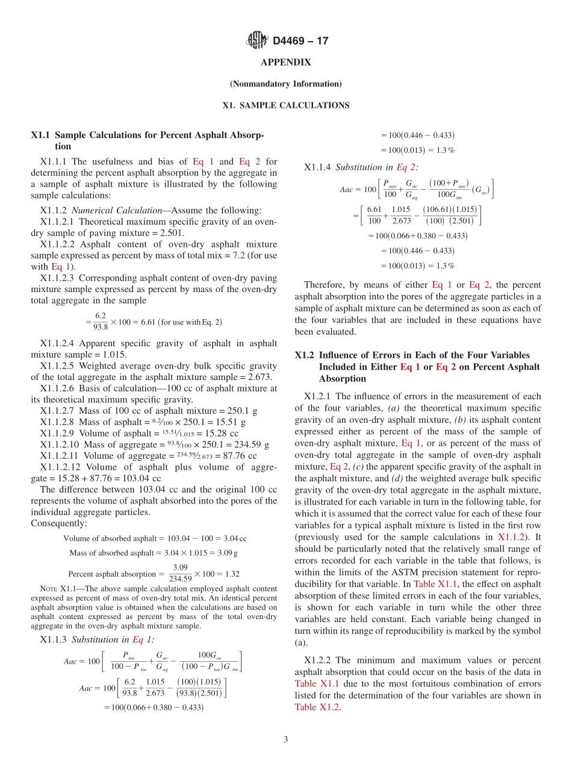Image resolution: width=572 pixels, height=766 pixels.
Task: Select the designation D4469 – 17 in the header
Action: click(x=300, y=42)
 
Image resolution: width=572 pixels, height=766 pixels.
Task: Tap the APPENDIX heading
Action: click(x=285, y=63)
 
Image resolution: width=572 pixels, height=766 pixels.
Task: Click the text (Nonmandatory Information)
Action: click(x=285, y=84)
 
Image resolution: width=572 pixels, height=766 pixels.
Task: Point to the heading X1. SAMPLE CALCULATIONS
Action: click(x=285, y=105)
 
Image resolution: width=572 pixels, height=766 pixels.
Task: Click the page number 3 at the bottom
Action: click(x=286, y=740)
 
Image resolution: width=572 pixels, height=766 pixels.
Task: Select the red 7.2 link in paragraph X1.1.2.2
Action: click(x=239, y=255)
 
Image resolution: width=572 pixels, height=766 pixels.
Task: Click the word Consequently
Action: click(x=58, y=523)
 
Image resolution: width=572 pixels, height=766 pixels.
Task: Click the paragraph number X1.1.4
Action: click(x=317, y=167)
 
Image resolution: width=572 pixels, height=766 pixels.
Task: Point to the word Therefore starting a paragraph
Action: click(x=324, y=285)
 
